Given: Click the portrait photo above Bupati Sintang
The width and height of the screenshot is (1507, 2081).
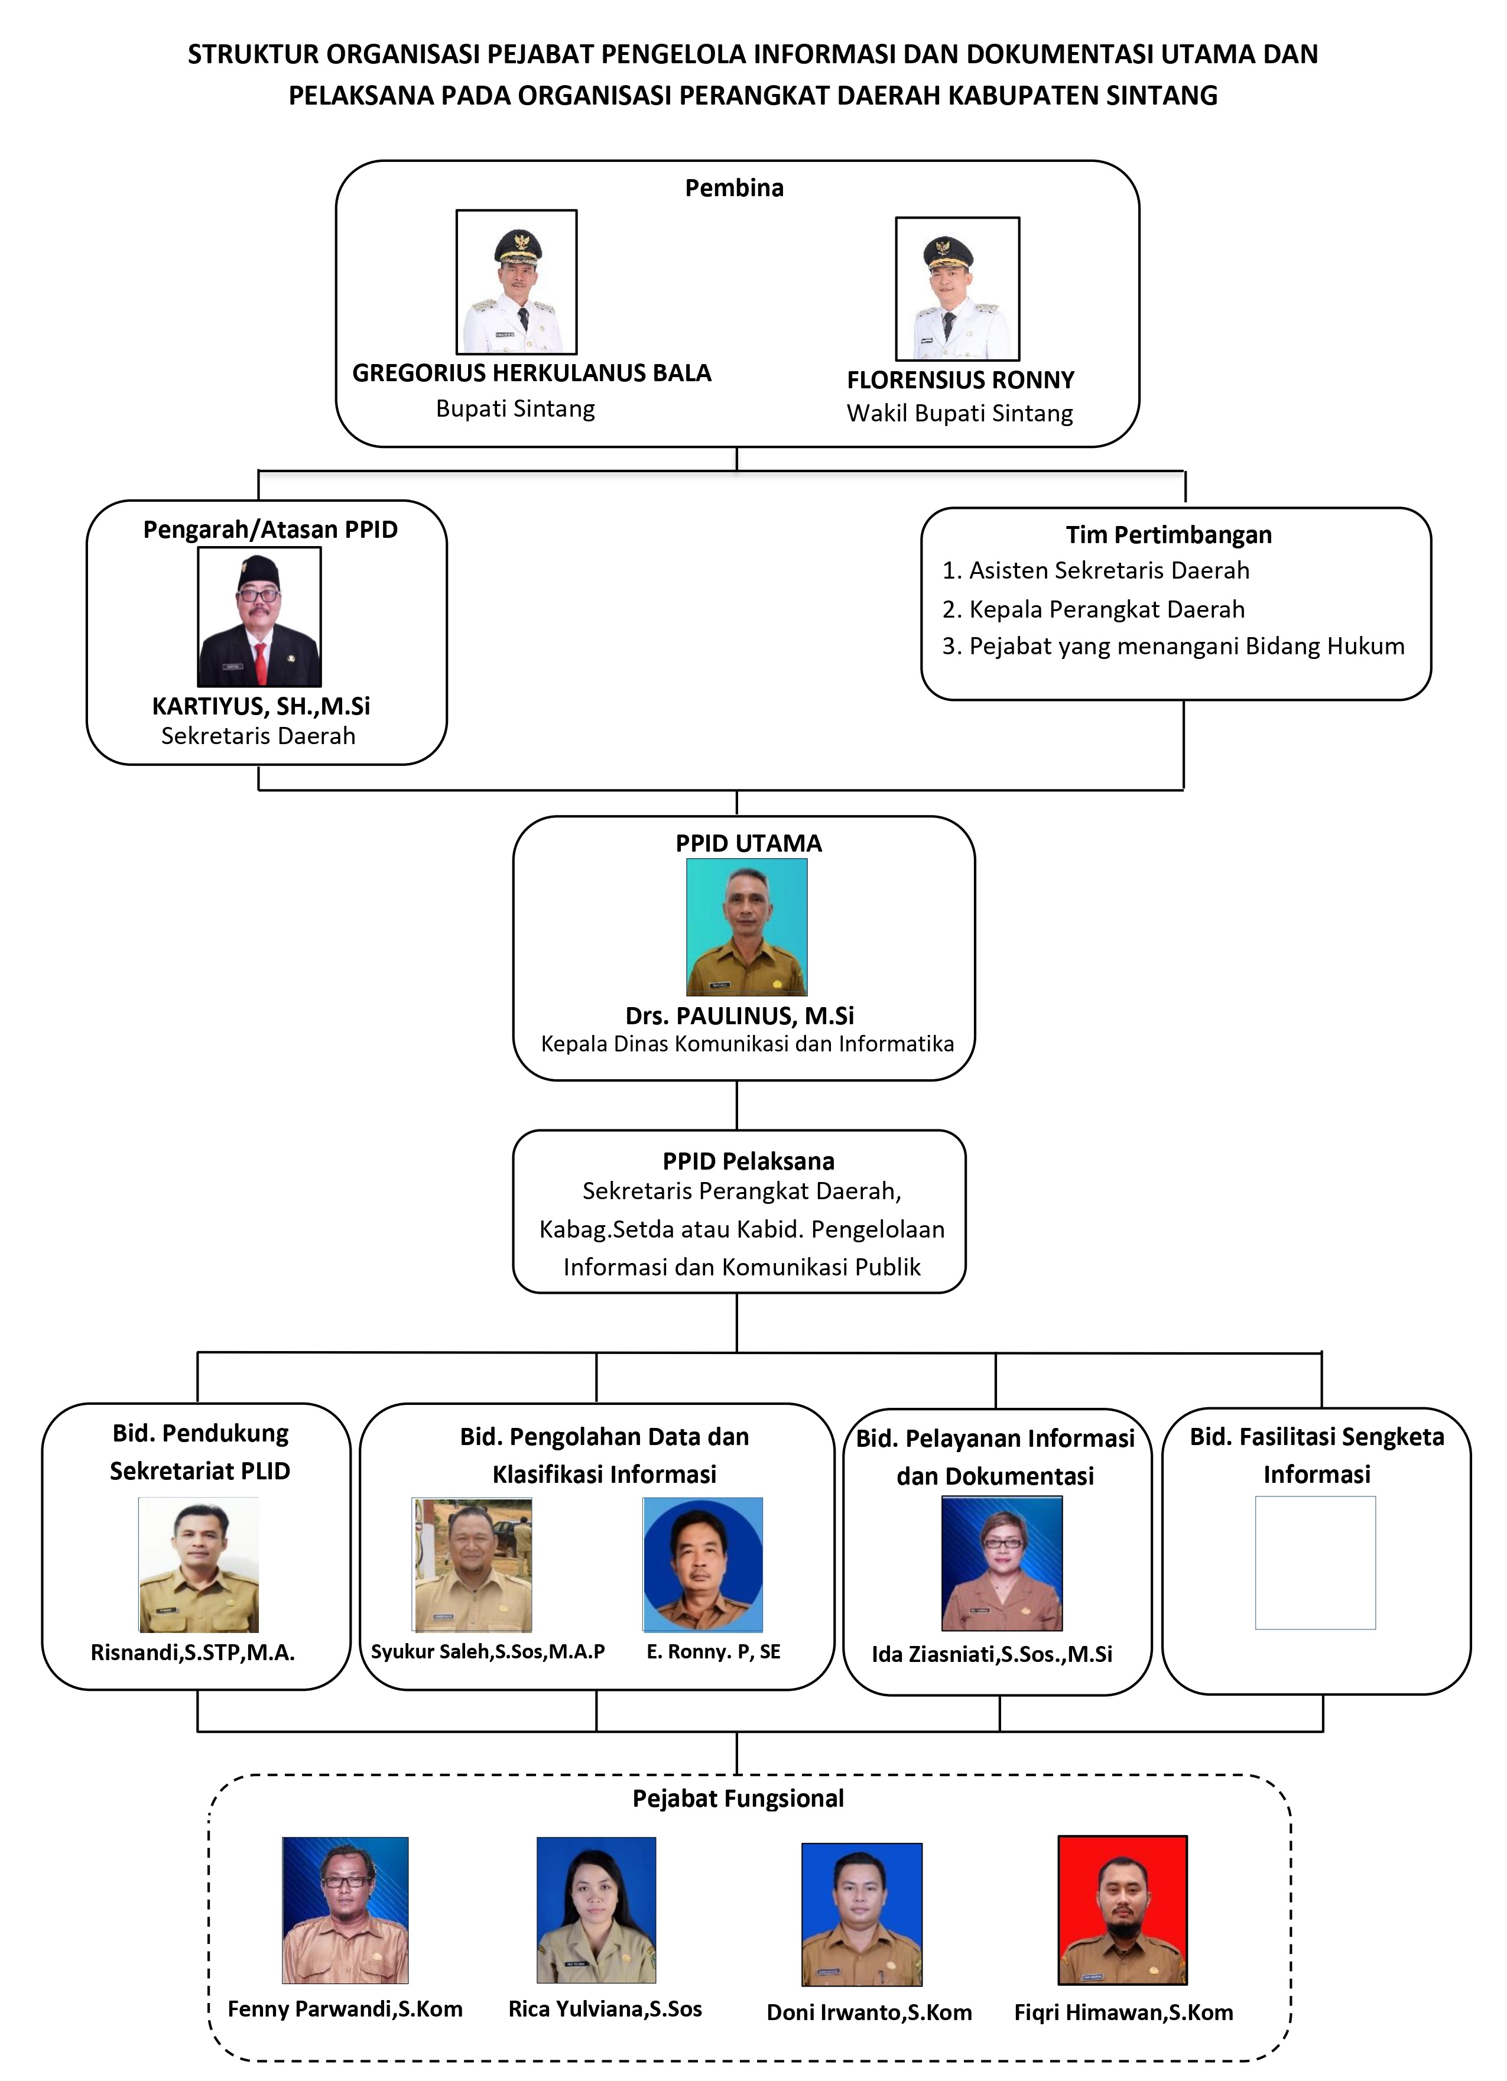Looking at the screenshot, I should pyautogui.click(x=517, y=282).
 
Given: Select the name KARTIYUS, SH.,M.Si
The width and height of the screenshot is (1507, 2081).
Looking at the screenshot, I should pyautogui.click(x=261, y=706).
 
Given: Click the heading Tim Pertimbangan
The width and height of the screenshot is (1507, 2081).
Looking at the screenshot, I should pyautogui.click(x=1168, y=535).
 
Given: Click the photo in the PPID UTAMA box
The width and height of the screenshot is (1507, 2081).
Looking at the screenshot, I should pyautogui.click(x=746, y=927).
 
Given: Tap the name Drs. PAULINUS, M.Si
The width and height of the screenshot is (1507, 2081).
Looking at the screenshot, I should pyautogui.click(x=739, y=1016).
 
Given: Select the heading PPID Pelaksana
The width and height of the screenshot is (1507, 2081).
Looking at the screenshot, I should pyautogui.click(x=748, y=1161).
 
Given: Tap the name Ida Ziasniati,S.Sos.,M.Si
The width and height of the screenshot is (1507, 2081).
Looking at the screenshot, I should pyautogui.click(x=992, y=1654).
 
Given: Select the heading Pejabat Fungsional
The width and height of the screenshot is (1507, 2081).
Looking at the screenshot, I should pyautogui.click(x=738, y=1798).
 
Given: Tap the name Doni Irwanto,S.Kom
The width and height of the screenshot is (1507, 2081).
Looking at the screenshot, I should pyautogui.click(x=869, y=2012).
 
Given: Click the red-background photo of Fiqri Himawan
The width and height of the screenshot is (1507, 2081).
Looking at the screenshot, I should pyautogui.click(x=1123, y=1910).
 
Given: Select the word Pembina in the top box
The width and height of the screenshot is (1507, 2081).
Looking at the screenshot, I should pyautogui.click(x=734, y=188).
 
